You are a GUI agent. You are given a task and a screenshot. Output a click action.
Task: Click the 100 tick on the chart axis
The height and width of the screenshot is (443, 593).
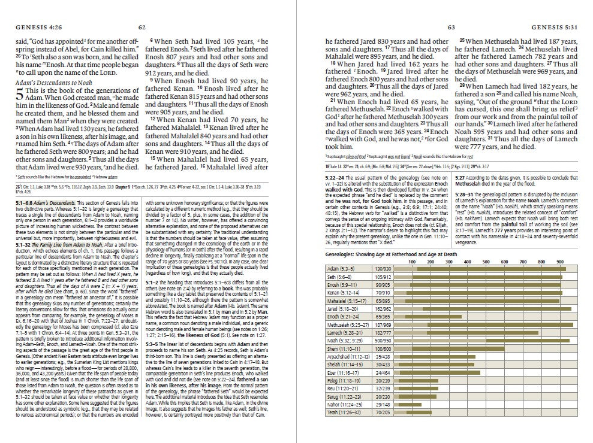click(x=413, y=262)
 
